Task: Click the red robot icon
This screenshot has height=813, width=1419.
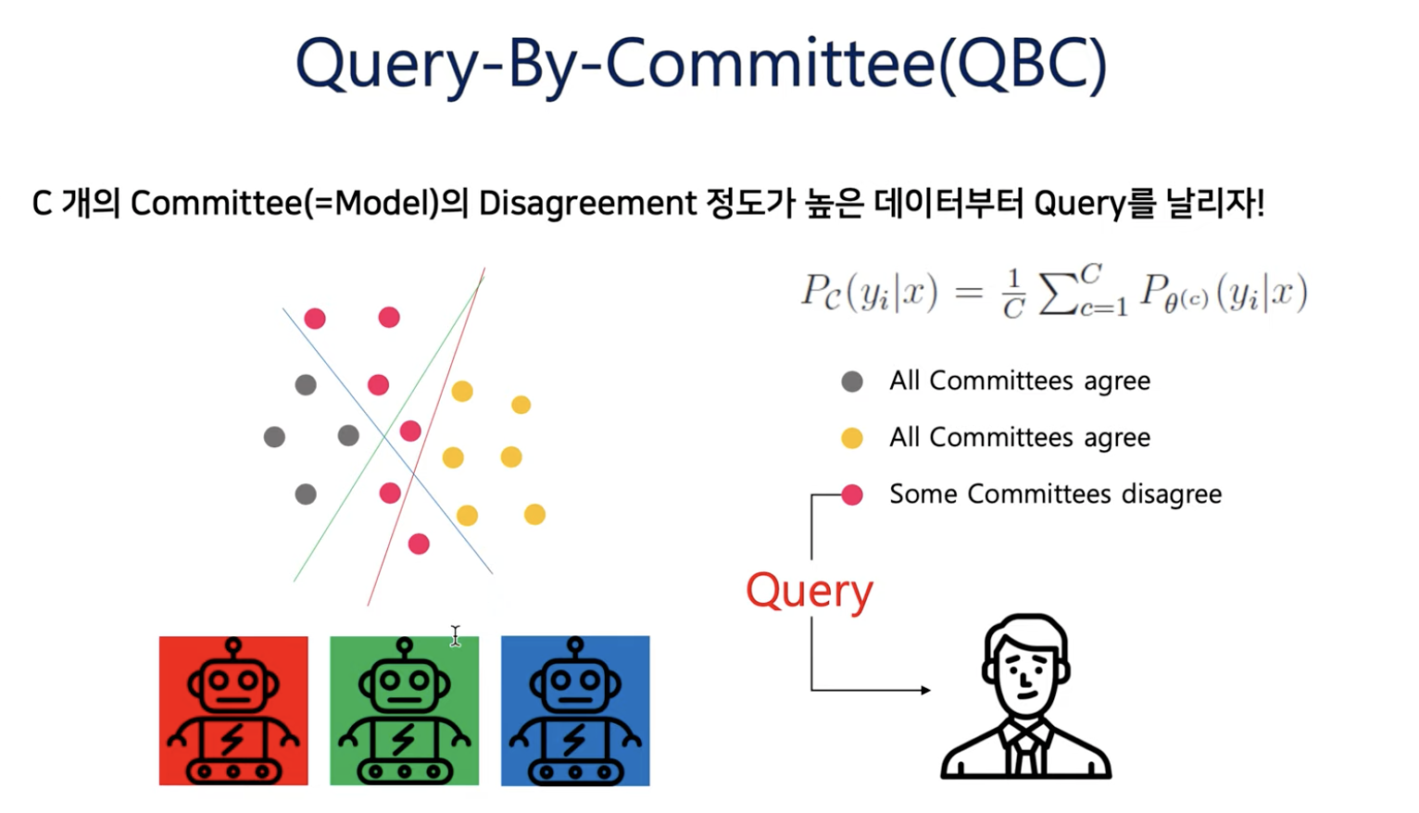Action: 233,710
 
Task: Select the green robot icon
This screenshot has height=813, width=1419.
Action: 404,710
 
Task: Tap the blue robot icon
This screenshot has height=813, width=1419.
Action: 575,710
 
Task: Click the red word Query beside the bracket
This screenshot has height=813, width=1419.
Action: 809,591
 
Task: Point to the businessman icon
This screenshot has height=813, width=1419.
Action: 1025,696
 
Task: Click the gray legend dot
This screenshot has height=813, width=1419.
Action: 852,381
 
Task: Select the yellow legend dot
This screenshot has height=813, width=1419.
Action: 852,438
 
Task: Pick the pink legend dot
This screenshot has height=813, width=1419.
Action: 852,494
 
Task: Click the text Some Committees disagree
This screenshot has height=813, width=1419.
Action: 1055,494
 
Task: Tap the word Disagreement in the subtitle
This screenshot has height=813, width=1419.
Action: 587,203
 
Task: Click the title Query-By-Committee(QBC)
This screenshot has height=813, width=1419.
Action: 701,65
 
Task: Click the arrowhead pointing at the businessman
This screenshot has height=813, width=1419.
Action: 925,690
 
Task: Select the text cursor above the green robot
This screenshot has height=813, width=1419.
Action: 455,635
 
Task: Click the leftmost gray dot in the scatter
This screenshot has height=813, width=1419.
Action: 274,436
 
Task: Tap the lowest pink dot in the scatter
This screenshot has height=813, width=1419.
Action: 419,544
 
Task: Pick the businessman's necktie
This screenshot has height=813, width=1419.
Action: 1025,752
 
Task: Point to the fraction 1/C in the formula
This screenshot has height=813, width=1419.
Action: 1013,294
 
